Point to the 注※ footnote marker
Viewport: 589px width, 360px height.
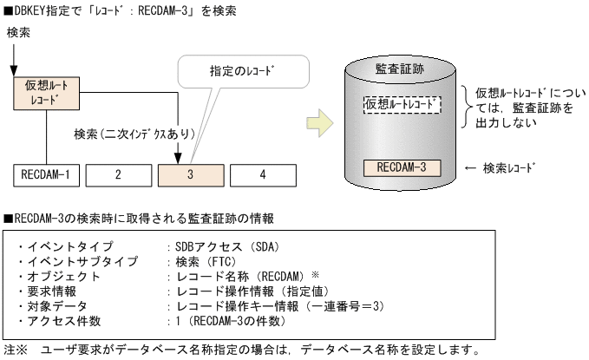[16, 350]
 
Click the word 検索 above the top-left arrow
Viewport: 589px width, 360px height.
[19, 31]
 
